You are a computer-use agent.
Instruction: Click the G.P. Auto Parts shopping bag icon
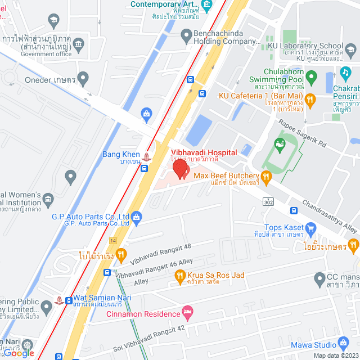(x=137, y=217)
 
